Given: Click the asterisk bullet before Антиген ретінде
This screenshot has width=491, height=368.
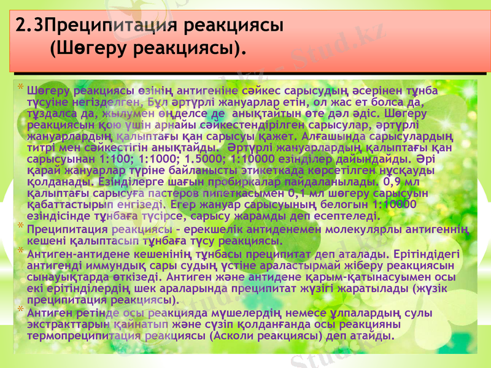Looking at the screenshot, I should point(20,312).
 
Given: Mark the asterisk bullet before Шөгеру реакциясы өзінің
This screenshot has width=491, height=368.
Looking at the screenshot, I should point(20,89).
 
